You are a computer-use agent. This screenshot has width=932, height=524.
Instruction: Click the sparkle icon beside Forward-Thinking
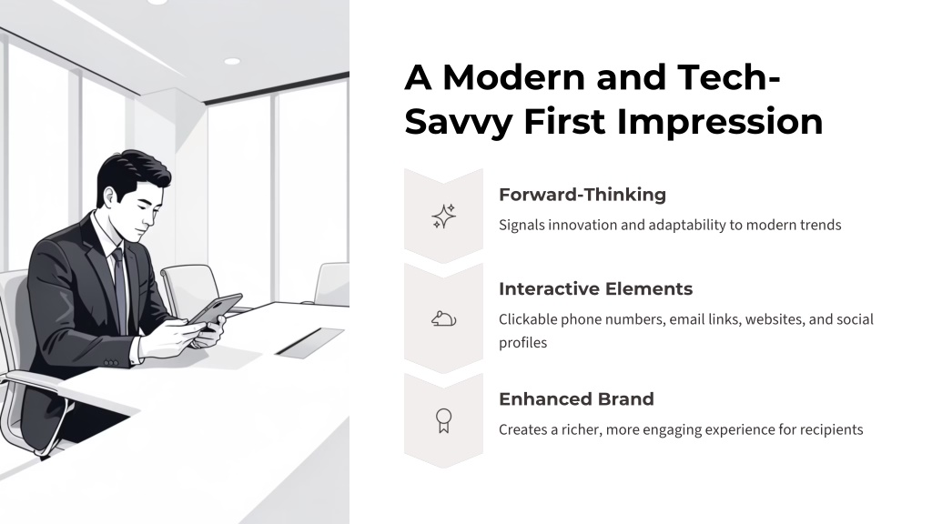[x=443, y=217]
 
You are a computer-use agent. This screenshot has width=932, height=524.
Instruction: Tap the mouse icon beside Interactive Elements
[x=443, y=319]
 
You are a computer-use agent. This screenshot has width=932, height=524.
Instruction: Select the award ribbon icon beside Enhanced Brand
[x=443, y=420]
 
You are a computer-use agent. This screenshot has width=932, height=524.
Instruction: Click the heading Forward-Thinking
[x=582, y=195]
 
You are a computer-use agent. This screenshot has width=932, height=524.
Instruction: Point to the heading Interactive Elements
[x=595, y=288]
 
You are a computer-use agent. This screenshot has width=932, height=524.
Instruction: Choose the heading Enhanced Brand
[x=576, y=398]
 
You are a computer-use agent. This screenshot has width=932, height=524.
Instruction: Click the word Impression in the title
[x=720, y=122]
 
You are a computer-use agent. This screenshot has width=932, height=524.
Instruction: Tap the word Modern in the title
[x=513, y=77]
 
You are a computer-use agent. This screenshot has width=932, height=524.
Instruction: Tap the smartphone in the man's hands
[x=215, y=310]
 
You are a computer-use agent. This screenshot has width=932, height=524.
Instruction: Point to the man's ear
[x=110, y=197]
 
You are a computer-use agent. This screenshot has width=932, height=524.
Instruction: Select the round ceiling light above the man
[x=232, y=61]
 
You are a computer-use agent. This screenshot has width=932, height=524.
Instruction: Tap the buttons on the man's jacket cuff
[x=110, y=362]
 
